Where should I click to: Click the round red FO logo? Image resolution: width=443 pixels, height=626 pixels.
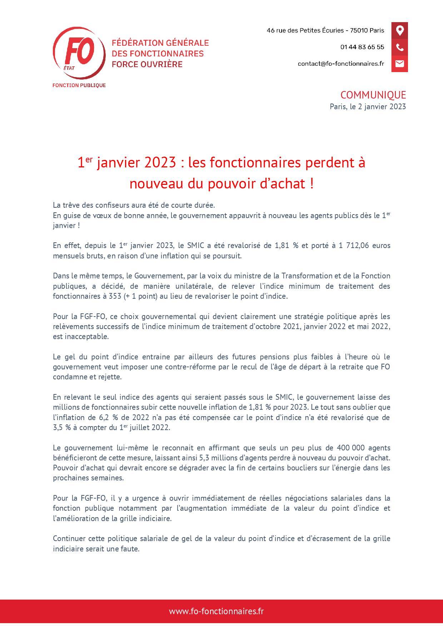click(x=79, y=52)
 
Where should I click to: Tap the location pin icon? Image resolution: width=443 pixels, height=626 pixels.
click(x=399, y=30)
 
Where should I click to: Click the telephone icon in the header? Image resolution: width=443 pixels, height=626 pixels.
click(x=399, y=47)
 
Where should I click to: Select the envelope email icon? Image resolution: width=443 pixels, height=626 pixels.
click(x=399, y=64)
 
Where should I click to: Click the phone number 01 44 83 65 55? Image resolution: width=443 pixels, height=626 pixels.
click(x=362, y=47)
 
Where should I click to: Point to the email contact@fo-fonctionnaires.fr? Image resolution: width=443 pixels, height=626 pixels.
click(x=341, y=64)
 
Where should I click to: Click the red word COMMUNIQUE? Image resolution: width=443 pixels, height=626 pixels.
click(x=373, y=95)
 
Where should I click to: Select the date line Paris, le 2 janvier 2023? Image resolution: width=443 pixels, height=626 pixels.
click(x=368, y=106)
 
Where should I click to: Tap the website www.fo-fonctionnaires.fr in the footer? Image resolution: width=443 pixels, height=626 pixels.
click(x=216, y=611)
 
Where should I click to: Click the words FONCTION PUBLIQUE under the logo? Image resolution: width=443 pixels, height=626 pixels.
click(x=79, y=85)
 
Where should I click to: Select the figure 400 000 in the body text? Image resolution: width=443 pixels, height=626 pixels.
click(x=350, y=448)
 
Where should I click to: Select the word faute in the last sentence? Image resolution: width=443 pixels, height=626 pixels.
click(x=130, y=549)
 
